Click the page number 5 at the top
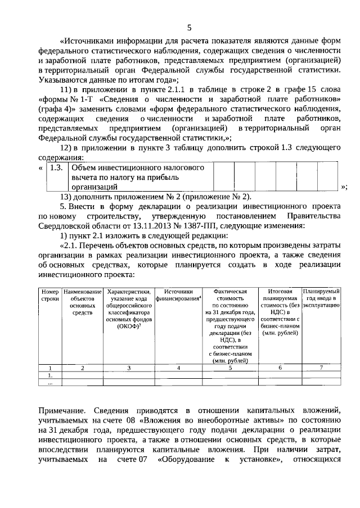tap(189, 28)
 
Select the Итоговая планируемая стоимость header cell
tap(280, 312)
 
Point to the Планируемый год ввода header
tap(321, 297)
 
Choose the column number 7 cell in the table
tap(321, 368)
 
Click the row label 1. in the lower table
tap(50, 375)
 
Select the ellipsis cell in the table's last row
tap(50, 383)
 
